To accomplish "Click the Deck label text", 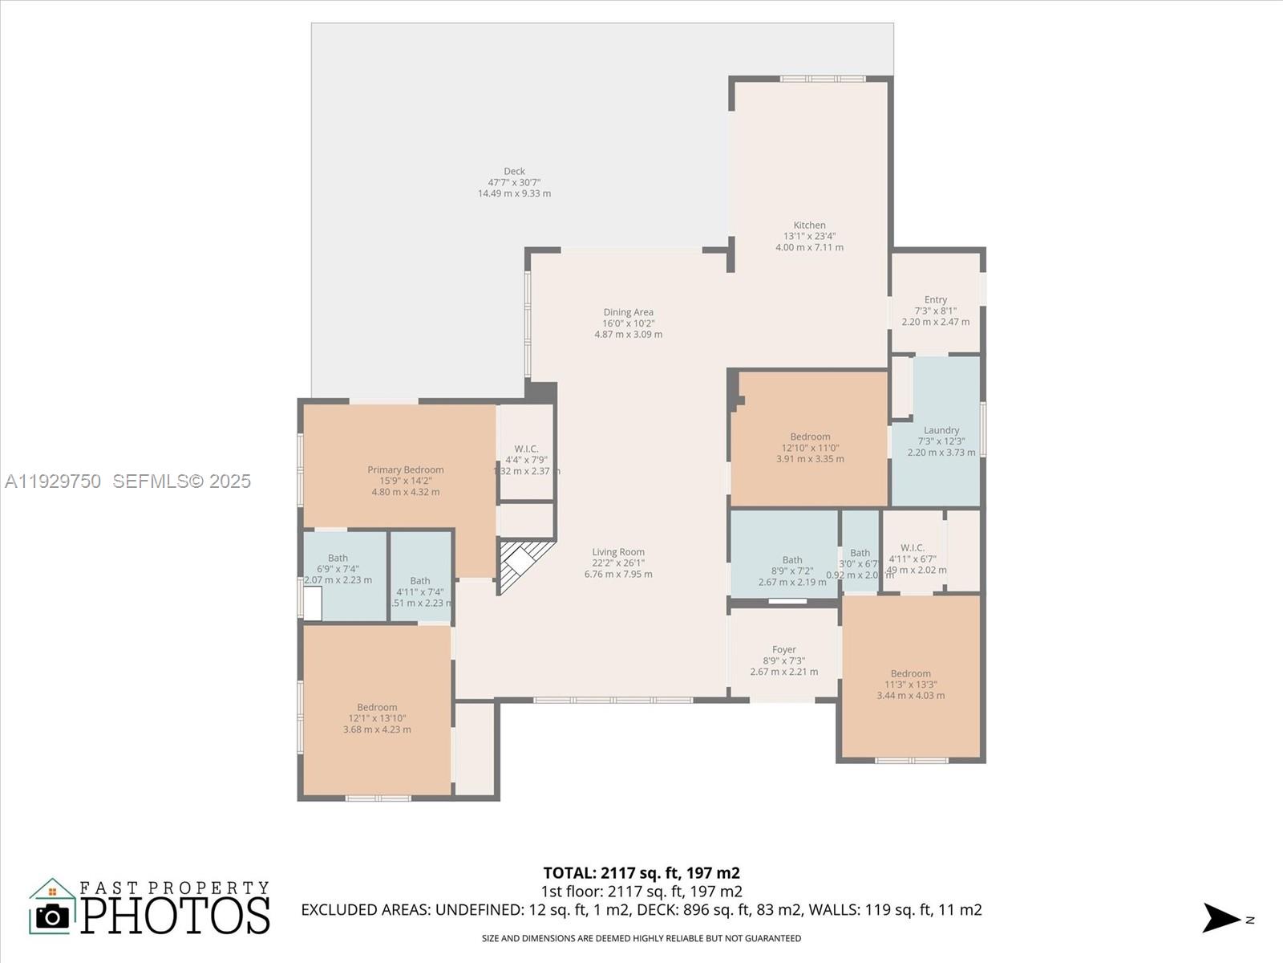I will [x=514, y=172].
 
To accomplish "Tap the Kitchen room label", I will [x=809, y=226].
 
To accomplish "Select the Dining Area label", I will [x=628, y=312].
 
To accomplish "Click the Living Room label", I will [x=618, y=552].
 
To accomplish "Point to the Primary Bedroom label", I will [x=405, y=470].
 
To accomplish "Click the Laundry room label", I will [x=941, y=431].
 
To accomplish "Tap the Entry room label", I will [x=935, y=299].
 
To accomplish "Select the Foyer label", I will [x=783, y=650].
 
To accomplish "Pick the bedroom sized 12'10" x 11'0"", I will [x=809, y=447].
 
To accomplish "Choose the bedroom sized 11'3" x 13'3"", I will [x=910, y=685].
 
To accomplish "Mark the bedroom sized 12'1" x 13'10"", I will [x=377, y=718].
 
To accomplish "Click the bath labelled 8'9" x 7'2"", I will [x=791, y=571].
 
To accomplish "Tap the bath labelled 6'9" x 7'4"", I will [x=338, y=568].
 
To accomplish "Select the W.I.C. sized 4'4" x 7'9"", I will [x=526, y=460].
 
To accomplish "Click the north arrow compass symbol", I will [x=1222, y=918].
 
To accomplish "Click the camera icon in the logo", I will [x=53, y=916].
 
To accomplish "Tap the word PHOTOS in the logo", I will [x=176, y=916].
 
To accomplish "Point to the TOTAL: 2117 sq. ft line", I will [x=641, y=873].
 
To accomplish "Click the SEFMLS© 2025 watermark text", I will [x=182, y=481].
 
